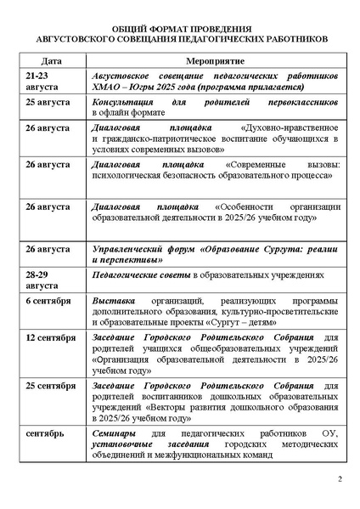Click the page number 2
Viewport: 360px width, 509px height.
click(x=339, y=480)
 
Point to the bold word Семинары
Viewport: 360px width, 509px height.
click(x=117, y=434)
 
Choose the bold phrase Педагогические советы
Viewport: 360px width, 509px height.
click(x=140, y=276)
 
